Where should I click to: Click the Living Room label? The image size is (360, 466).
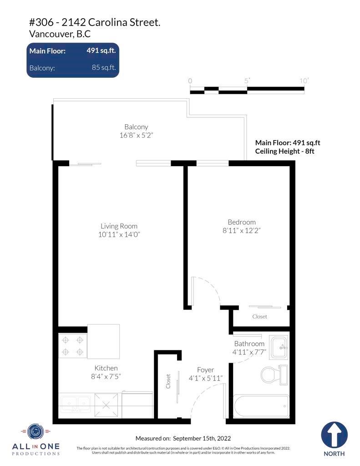[119, 226]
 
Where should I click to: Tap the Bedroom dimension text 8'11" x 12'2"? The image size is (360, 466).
[241, 230]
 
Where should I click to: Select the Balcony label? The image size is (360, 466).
[136, 127]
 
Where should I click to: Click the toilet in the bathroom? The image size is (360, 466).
[274, 375]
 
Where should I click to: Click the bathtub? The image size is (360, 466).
[261, 406]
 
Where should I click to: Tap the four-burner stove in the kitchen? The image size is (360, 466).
[72, 346]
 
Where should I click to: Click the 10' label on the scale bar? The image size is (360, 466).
[304, 81]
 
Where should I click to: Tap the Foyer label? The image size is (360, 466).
[205, 370]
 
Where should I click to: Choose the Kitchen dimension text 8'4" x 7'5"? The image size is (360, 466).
[106, 376]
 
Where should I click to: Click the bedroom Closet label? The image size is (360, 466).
[259, 317]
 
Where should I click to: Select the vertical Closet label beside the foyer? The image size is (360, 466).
[168, 381]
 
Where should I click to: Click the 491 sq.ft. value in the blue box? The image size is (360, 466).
[101, 51]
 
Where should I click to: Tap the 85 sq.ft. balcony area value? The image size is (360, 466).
[103, 67]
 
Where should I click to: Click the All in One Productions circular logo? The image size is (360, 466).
[35, 431]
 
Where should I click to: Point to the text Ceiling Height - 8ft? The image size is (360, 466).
[284, 151]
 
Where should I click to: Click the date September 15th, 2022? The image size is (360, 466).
[202, 438]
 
